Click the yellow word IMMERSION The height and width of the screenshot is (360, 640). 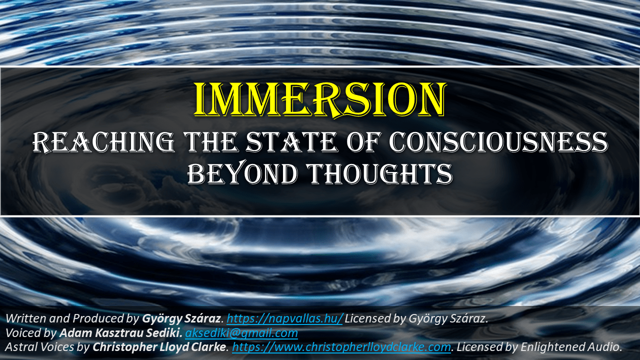(319, 99)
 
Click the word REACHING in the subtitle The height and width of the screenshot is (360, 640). (103, 142)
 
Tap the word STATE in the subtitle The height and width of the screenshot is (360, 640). (291, 142)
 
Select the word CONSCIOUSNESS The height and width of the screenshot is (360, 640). (498, 142)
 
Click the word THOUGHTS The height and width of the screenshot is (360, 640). (380, 173)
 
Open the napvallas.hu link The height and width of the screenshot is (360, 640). (284, 318)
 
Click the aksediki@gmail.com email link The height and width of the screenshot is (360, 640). (241, 333)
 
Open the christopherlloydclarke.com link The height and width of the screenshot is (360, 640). (341, 347)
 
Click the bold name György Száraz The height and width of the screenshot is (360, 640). (181, 318)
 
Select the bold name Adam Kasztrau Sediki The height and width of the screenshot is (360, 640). (120, 333)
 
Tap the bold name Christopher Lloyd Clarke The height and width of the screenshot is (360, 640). (159, 347)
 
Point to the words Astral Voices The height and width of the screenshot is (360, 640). (39, 347)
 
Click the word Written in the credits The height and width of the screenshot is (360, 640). (22, 318)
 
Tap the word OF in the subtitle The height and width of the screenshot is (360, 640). (364, 142)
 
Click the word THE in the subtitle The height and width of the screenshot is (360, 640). (210, 142)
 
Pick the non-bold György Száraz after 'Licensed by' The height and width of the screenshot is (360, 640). (447, 318)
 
